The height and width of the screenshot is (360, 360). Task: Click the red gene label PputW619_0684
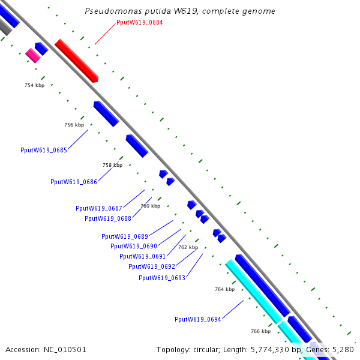tap(139, 22)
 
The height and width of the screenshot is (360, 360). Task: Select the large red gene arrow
tap(76, 61)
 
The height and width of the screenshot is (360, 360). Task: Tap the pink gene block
tap(32, 55)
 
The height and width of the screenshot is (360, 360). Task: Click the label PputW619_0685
tap(44, 150)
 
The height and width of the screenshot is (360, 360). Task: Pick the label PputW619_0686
tap(74, 182)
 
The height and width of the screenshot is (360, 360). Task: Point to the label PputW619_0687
tap(99, 208)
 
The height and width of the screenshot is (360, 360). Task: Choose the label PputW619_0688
tap(108, 218)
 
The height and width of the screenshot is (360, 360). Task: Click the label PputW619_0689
tap(125, 236)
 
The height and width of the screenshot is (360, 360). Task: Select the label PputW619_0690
tap(134, 246)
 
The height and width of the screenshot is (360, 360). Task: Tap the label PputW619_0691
tap(142, 256)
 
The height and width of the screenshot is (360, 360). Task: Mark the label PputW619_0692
tap(152, 266)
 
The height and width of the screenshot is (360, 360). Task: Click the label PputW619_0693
tap(162, 278)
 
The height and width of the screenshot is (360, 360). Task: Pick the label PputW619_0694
tap(198, 319)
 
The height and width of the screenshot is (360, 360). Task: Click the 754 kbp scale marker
tap(34, 86)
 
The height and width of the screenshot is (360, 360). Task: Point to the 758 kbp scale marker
tap(112, 165)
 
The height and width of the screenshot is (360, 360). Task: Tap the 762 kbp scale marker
tap(188, 247)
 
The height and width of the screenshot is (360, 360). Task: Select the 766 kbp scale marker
tap(260, 331)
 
